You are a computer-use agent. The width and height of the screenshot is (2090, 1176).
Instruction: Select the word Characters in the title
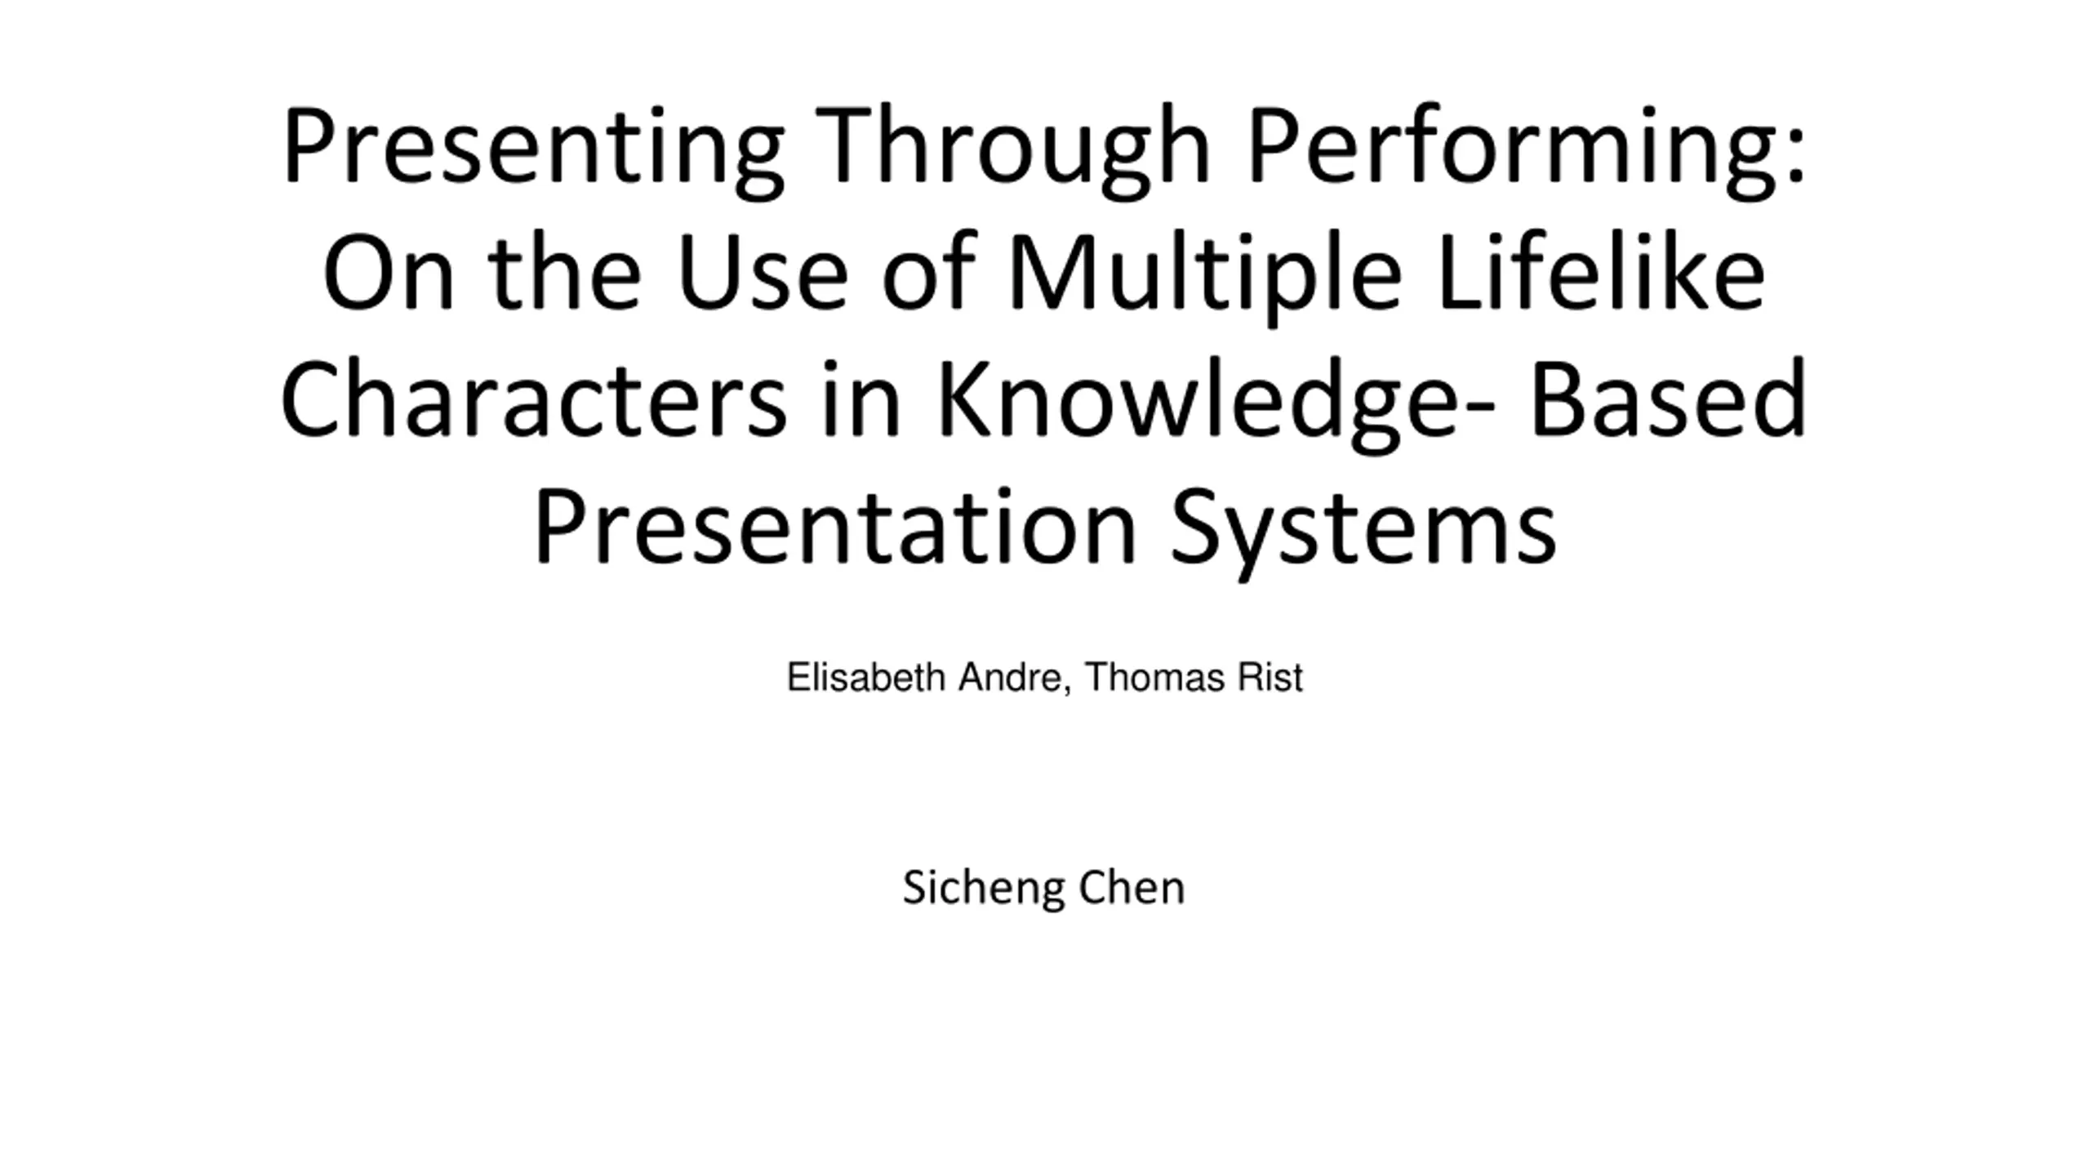tap(533, 400)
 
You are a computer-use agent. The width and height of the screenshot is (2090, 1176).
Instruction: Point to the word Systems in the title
tap(1363, 532)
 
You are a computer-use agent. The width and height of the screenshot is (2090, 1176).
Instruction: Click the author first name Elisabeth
tap(865, 677)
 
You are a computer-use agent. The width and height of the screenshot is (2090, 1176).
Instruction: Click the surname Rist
tap(1270, 677)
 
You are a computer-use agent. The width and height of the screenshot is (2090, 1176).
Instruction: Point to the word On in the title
tap(389, 273)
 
